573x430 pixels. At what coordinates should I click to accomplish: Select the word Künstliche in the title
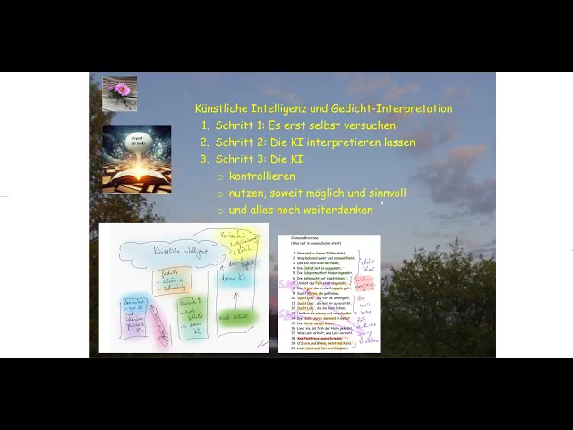tap(222, 108)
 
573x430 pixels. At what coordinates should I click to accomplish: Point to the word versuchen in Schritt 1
tap(368, 125)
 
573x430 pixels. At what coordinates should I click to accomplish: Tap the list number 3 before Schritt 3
tap(204, 159)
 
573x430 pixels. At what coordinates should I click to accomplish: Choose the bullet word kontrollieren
tap(261, 176)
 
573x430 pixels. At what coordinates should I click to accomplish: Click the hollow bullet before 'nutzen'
tap(220, 193)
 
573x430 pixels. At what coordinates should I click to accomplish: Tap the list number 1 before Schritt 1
tap(204, 125)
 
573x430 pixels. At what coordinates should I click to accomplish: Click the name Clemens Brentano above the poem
tap(304, 238)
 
